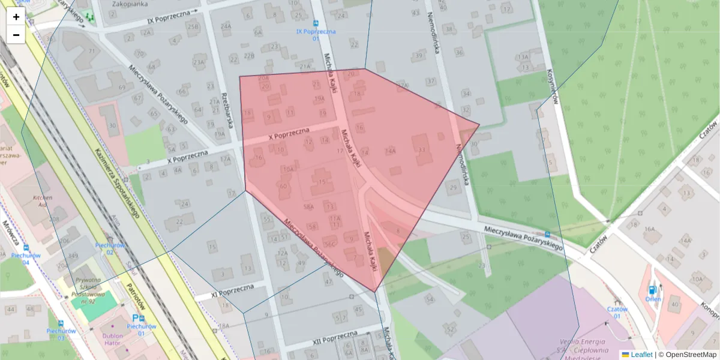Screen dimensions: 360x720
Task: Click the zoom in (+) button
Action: (x=16, y=17)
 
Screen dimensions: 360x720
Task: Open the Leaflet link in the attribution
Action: (x=641, y=355)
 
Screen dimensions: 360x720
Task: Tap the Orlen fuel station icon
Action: (x=652, y=290)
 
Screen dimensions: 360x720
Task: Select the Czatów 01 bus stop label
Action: (x=617, y=313)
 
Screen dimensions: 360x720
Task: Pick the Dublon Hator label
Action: (x=112, y=340)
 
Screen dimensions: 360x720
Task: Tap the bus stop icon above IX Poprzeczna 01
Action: (x=316, y=23)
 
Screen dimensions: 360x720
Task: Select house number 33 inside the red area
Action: (x=422, y=149)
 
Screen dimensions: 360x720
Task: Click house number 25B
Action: (x=193, y=27)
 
